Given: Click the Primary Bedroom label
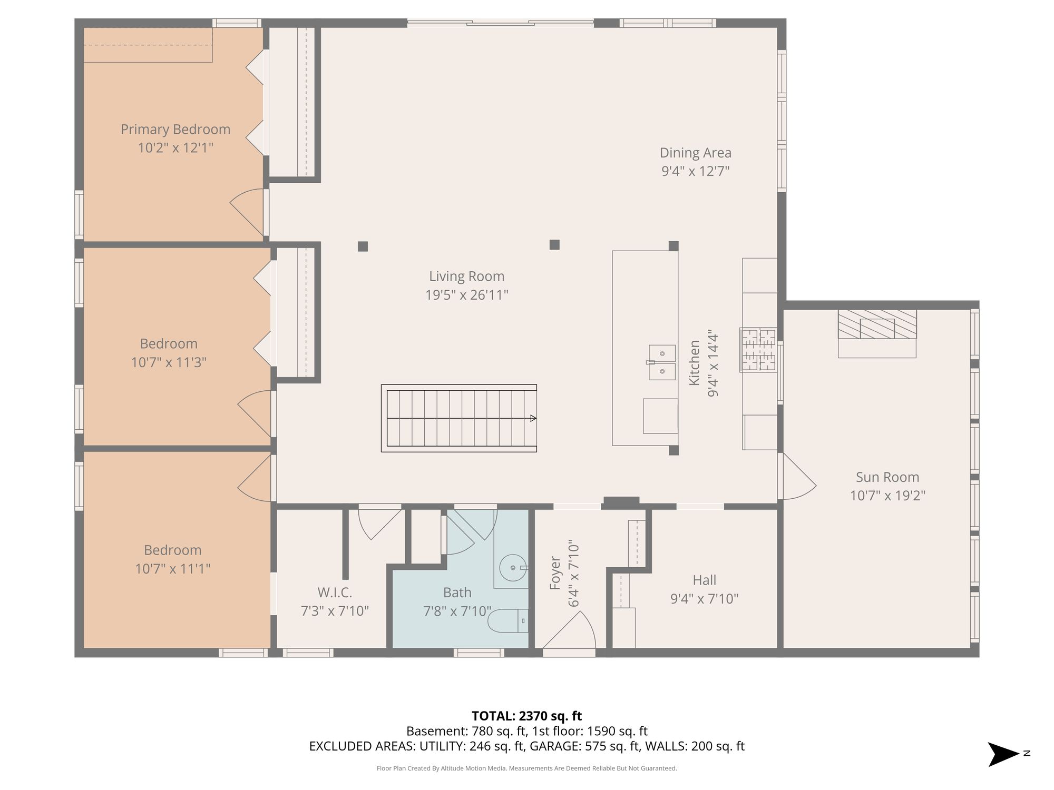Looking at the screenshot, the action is [175, 130].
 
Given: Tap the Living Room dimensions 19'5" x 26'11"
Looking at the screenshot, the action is [467, 295].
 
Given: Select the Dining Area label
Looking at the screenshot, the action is [696, 153].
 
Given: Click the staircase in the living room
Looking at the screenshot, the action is [459, 418].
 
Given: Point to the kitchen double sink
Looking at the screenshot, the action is [662, 362].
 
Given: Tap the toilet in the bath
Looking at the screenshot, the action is [508, 621].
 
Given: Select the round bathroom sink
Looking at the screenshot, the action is [513, 568].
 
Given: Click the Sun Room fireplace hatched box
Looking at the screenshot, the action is [877, 324].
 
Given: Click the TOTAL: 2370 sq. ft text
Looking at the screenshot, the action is [526, 716].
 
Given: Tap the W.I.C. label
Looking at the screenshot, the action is [335, 593].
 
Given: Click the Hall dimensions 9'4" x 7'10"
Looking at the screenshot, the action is [704, 599].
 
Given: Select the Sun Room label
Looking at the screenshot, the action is [887, 478].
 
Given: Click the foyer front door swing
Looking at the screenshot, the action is [570, 630].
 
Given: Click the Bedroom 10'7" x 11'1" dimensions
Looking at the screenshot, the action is [173, 569].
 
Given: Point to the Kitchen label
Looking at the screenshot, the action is [695, 363].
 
